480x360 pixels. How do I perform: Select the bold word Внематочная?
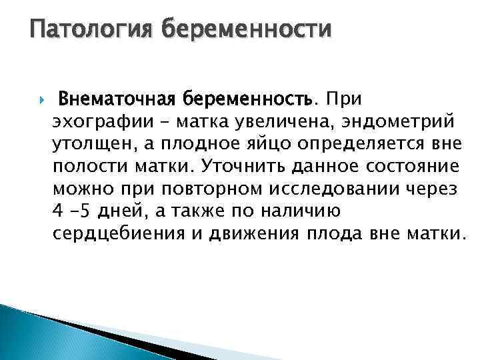(115, 99)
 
